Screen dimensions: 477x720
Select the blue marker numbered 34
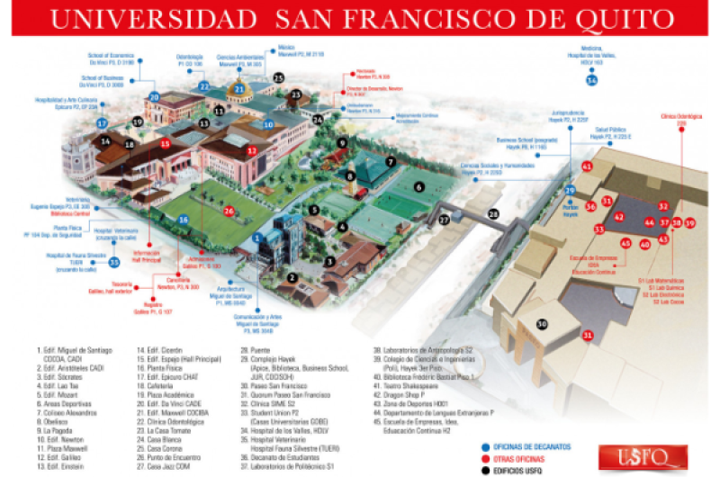point(591,80)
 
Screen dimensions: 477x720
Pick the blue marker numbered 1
point(256,238)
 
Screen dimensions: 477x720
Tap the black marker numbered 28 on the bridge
point(493,213)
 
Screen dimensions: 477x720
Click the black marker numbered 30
point(542,324)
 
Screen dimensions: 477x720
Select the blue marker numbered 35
point(114,262)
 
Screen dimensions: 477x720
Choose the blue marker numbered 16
point(184,219)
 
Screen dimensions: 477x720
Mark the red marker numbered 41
point(587,166)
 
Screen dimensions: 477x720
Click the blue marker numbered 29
point(569,191)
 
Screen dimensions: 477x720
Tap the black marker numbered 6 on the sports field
point(418,186)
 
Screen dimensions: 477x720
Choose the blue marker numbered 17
point(103,122)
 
